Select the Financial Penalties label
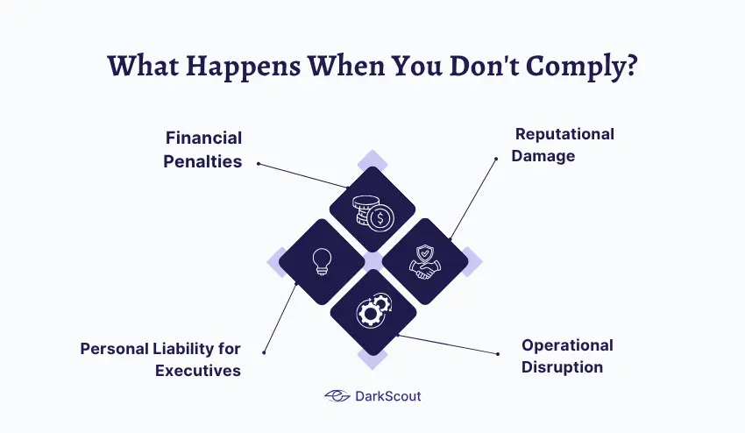[203, 150]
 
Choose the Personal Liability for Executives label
[161, 359]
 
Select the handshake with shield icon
[424, 261]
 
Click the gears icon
[372, 311]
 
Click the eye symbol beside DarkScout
[337, 396]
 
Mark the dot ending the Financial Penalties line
[258, 162]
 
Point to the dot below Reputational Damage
[495, 159]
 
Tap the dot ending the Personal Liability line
[264, 352]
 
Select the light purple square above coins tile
[372, 160]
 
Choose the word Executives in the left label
[198, 370]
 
